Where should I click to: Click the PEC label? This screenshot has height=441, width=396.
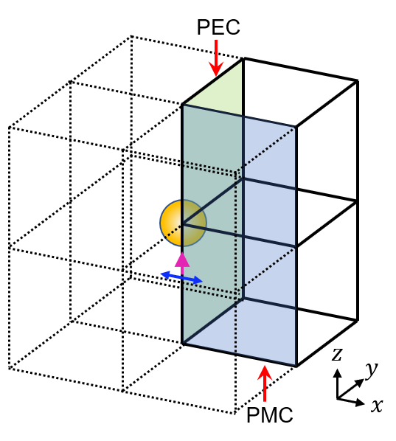coord(218,27)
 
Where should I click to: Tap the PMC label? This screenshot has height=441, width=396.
coord(270,415)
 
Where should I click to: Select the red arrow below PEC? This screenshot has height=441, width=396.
coord(216,58)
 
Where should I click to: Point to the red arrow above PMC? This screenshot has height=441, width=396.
coord(265,383)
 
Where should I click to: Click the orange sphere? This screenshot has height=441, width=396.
coord(183,223)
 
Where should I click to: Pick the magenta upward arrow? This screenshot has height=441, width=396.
coord(182,263)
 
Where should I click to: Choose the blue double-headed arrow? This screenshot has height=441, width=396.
coord(181,277)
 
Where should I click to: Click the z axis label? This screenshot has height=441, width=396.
coord(337,355)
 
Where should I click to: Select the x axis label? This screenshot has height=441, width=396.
coord(377,406)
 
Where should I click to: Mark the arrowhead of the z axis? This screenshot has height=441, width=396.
coord(337,372)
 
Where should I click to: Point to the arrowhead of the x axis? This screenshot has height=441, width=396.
coord(360,403)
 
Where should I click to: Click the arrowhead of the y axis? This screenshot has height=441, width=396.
coord(360,382)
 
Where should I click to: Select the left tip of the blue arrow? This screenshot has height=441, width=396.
coord(160,273)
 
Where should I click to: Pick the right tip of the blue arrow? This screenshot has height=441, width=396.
coord(203,281)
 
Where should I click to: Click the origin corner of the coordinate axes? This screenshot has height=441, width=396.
coord(337,397)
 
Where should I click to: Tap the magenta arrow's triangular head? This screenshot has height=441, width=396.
coord(182,260)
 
